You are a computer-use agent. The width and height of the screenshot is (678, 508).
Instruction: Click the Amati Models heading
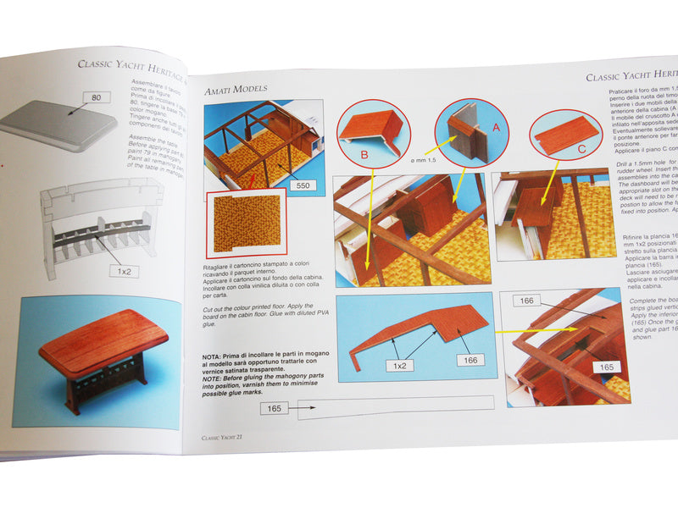click(236, 88)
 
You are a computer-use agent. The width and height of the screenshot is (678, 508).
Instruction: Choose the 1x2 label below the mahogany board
click(398, 366)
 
